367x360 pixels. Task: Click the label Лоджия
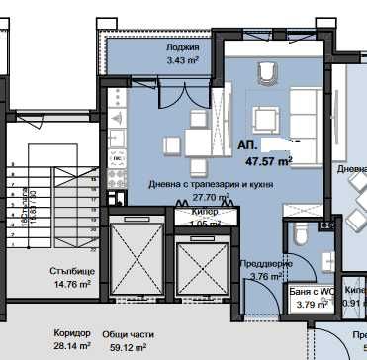183,46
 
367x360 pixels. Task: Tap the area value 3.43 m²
183,62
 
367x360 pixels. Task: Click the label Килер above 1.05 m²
206,213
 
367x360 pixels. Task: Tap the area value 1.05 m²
205,225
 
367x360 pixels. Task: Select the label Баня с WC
313,292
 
